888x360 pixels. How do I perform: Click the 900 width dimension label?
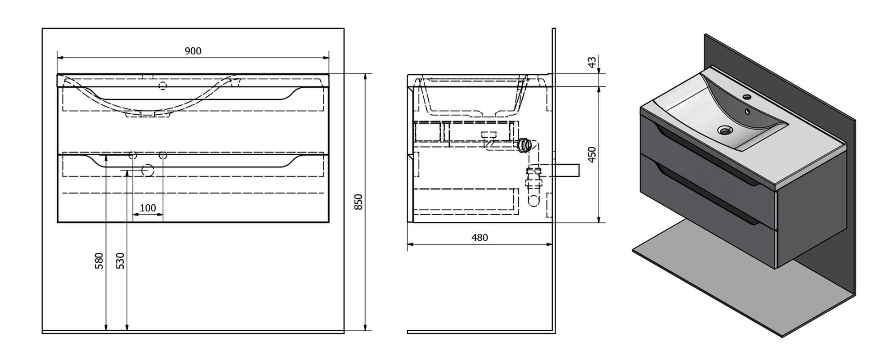pyautogui.click(x=193, y=51)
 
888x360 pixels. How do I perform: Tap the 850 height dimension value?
pyautogui.click(x=358, y=202)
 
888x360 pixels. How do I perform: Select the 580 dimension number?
pyautogui.click(x=99, y=261)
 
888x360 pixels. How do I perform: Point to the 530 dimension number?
pyautogui.click(x=120, y=261)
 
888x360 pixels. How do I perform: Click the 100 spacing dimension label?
pyautogui.click(x=148, y=208)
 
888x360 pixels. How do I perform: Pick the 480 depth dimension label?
pyautogui.click(x=480, y=238)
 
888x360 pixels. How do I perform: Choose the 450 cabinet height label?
pyautogui.click(x=592, y=154)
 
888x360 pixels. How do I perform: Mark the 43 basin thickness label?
pyautogui.click(x=592, y=62)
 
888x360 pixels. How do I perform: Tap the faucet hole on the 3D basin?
pyautogui.click(x=747, y=96)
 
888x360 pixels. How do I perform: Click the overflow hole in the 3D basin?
pyautogui.click(x=747, y=111)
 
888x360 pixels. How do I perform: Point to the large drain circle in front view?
pyautogui.click(x=148, y=171)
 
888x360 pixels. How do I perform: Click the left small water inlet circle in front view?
pyautogui.click(x=133, y=156)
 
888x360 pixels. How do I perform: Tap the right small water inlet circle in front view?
pyautogui.click(x=163, y=156)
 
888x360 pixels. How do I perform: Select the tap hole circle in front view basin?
pyautogui.click(x=163, y=85)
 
